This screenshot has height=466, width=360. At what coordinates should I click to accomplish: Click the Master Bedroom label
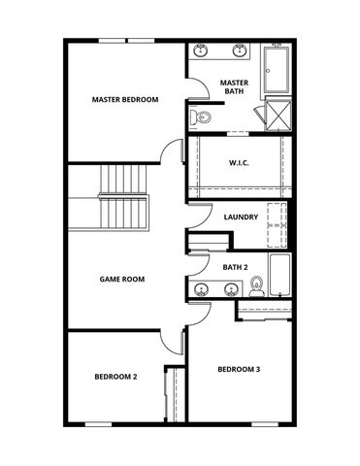click(x=125, y=99)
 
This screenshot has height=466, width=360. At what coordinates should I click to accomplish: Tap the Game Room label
click(x=122, y=279)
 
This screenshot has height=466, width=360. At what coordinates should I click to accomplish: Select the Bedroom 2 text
click(x=115, y=377)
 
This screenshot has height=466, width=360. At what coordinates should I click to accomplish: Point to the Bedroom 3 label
click(x=239, y=369)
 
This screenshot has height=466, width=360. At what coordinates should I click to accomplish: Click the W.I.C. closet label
click(x=240, y=163)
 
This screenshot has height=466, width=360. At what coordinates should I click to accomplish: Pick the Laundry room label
click(x=240, y=216)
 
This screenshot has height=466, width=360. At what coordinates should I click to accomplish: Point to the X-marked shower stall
click(x=278, y=115)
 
